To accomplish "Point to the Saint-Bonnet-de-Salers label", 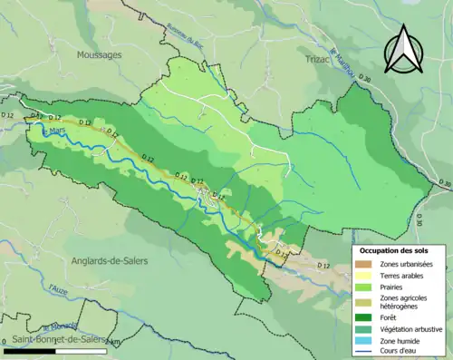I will click(x=45, y=339).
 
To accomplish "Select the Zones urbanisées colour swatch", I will click(x=365, y=264).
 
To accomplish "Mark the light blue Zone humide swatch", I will click(x=365, y=339).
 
